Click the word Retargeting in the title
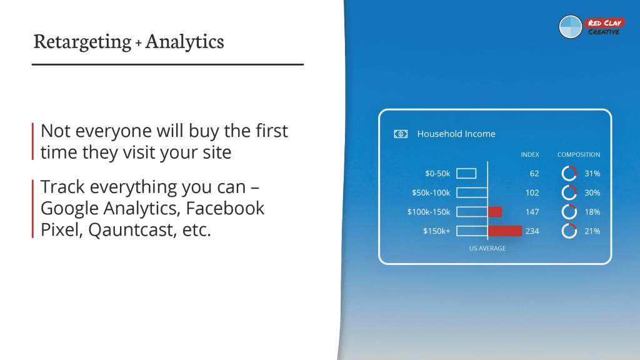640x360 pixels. (82, 42)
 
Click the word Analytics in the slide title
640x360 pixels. (184, 42)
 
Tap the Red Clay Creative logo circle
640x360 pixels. (570, 27)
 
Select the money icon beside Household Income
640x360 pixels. (401, 134)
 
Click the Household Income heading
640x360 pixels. (456, 134)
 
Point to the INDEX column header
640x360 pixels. (530, 155)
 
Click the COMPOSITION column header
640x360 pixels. (579, 155)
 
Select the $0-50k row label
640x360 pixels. (437, 174)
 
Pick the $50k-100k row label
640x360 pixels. (431, 192)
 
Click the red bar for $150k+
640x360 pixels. (505, 231)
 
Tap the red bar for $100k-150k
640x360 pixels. (495, 212)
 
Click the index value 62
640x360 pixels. (534, 174)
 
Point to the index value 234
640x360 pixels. (532, 231)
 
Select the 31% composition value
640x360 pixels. (592, 174)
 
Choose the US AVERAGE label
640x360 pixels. (487, 248)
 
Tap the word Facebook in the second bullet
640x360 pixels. (225, 208)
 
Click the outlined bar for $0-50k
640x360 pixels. (466, 174)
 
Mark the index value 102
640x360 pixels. (532, 192)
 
